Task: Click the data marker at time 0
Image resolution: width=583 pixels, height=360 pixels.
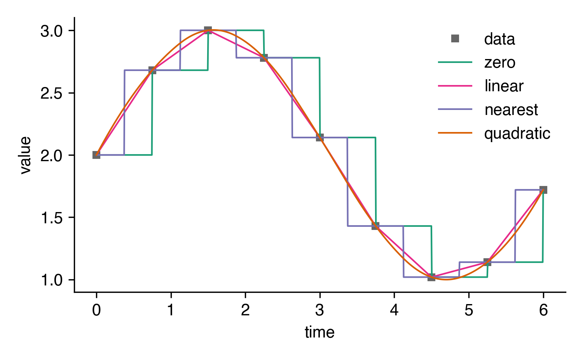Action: (x=96, y=155)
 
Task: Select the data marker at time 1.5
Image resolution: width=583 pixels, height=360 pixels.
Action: (x=208, y=30)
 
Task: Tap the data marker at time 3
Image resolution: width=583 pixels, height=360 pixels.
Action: (x=320, y=137)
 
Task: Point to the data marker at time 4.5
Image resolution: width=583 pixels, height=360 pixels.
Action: (x=431, y=277)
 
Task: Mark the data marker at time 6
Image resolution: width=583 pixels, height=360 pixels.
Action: (x=543, y=190)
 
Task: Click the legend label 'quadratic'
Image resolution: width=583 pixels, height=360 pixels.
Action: (x=517, y=134)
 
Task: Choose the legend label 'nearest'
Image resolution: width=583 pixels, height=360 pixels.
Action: (x=511, y=110)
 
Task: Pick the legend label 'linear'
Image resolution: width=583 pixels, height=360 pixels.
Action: (x=504, y=86)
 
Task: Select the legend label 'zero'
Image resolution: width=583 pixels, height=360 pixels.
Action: (x=500, y=63)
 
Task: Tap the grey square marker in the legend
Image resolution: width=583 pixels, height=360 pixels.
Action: (x=455, y=39)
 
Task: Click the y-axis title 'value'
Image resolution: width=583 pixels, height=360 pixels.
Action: (x=26, y=155)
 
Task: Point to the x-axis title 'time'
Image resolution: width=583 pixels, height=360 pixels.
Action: (x=319, y=332)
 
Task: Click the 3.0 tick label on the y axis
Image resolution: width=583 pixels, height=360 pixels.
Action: (x=52, y=31)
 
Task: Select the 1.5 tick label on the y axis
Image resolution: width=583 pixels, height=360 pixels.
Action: (x=52, y=218)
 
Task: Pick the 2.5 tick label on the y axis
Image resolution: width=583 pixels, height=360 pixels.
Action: (x=52, y=93)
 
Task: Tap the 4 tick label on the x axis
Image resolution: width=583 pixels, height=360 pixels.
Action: (x=394, y=310)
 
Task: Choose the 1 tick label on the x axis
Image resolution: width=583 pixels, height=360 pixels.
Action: (x=171, y=310)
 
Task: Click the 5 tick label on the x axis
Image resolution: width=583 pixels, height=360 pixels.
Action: (x=469, y=310)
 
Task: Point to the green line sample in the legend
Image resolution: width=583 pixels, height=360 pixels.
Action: (x=455, y=63)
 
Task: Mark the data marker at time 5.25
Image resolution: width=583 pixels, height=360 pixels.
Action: (x=487, y=262)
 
